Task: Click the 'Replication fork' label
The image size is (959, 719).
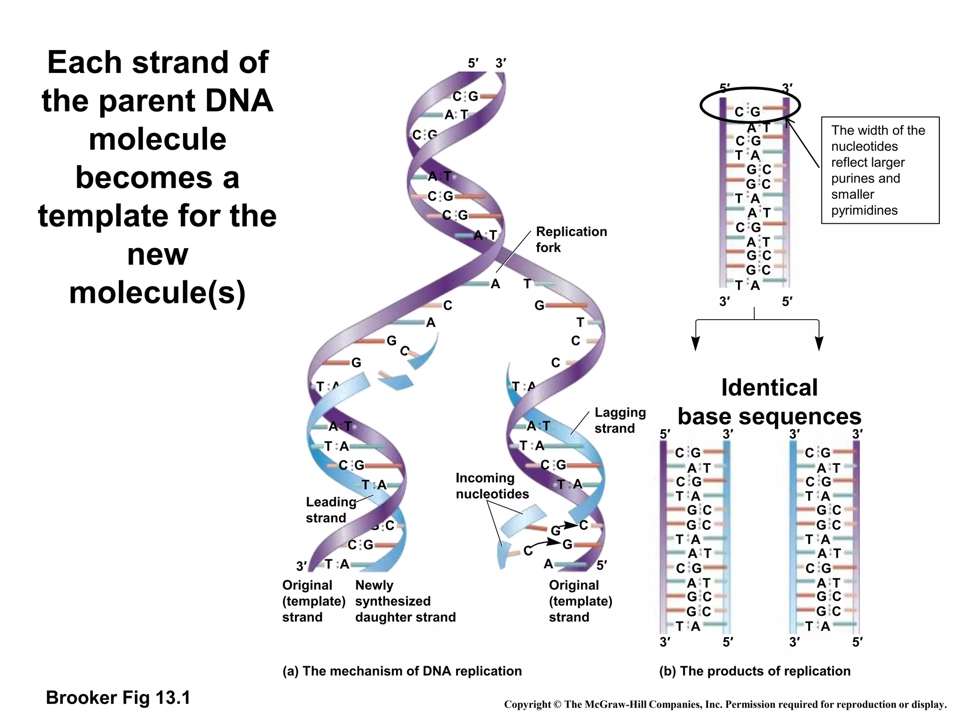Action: click(x=571, y=239)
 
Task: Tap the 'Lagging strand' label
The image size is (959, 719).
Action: click(x=620, y=420)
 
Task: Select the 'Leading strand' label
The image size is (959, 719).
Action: click(x=330, y=510)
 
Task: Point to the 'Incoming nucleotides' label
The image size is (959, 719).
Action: click(x=492, y=486)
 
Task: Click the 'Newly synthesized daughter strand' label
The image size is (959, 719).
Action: click(x=405, y=601)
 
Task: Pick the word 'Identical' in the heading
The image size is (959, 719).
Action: click(x=769, y=388)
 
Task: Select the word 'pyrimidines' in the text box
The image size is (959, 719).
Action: click(x=864, y=210)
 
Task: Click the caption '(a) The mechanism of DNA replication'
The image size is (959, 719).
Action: click(x=402, y=671)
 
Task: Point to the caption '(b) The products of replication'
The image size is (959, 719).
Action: click(x=754, y=671)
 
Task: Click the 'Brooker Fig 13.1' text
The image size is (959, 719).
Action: click(x=118, y=697)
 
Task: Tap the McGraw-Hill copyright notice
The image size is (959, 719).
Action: click(x=725, y=704)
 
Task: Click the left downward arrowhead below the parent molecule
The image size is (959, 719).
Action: click(x=696, y=344)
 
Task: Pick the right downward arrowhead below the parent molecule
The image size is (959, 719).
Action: click(x=819, y=344)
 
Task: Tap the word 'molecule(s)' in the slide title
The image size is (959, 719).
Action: click(x=157, y=293)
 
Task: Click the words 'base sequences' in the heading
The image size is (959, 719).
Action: click(x=769, y=416)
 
